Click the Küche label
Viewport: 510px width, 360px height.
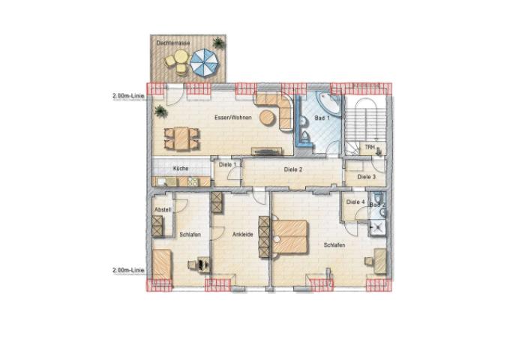(180, 169)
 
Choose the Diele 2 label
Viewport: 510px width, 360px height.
(292, 169)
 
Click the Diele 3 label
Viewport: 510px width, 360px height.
(366, 177)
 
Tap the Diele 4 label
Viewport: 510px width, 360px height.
(355, 202)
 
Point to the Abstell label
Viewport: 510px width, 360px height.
(162, 209)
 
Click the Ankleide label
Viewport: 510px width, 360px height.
(242, 234)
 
